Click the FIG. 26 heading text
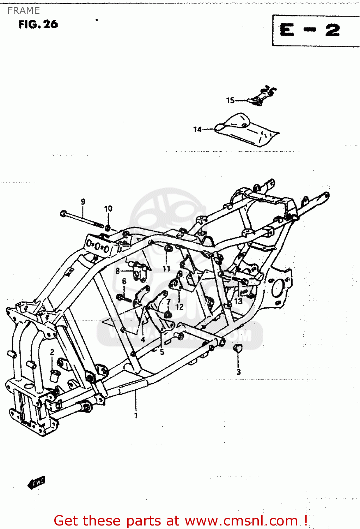38,24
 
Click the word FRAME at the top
23,11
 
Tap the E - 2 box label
310,30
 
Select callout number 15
230,101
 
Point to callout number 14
197,130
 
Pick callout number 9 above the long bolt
83,202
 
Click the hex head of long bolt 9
63,213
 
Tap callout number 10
108,208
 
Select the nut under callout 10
108,226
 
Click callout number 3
239,372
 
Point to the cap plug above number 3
238,348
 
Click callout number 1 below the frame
136,415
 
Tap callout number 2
52,352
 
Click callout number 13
239,301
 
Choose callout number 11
166,269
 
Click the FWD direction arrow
36,482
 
